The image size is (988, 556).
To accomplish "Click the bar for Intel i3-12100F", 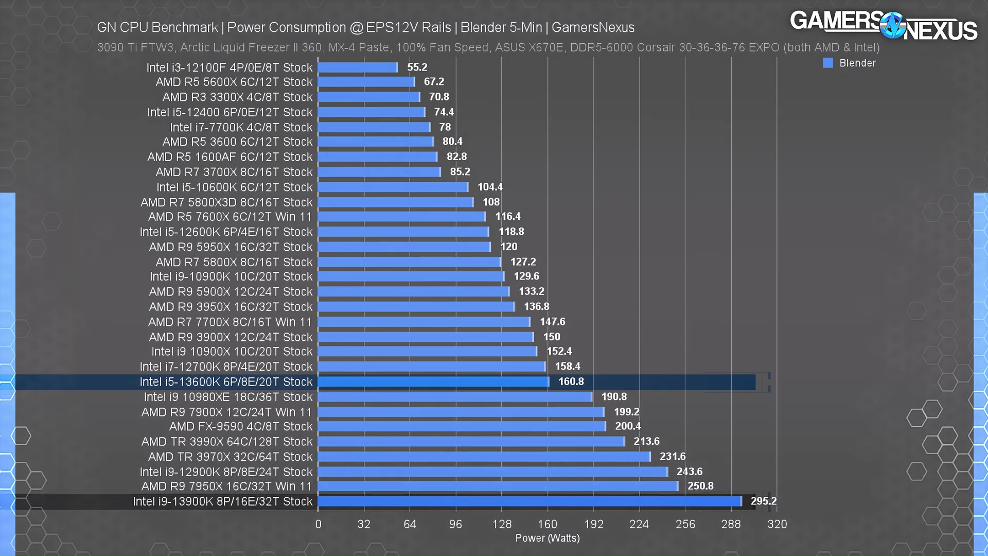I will click(358, 67).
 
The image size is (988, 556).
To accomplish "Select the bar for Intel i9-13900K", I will click(530, 501).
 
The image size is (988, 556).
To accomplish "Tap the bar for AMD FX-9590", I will click(462, 426).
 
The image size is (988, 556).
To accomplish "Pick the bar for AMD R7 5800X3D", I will click(395, 202).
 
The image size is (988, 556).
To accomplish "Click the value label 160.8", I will click(571, 381).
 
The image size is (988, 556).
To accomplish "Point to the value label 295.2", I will click(764, 501).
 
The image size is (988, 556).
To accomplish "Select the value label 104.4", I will click(490, 187).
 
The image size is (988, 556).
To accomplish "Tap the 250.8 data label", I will click(700, 486).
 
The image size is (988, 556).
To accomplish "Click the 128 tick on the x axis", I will click(502, 524).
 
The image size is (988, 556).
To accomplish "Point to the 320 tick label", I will click(777, 524).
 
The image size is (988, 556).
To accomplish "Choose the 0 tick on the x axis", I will click(319, 524).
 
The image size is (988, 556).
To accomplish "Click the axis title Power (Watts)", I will click(548, 538).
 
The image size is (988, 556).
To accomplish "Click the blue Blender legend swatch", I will click(828, 63).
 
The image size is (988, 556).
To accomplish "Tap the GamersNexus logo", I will click(884, 25).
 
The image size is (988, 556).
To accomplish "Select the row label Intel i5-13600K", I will click(226, 382).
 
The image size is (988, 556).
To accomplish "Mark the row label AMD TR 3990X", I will click(227, 442).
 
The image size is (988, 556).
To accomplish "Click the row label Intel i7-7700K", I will click(241, 127).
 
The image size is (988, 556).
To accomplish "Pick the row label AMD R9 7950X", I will click(227, 486).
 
